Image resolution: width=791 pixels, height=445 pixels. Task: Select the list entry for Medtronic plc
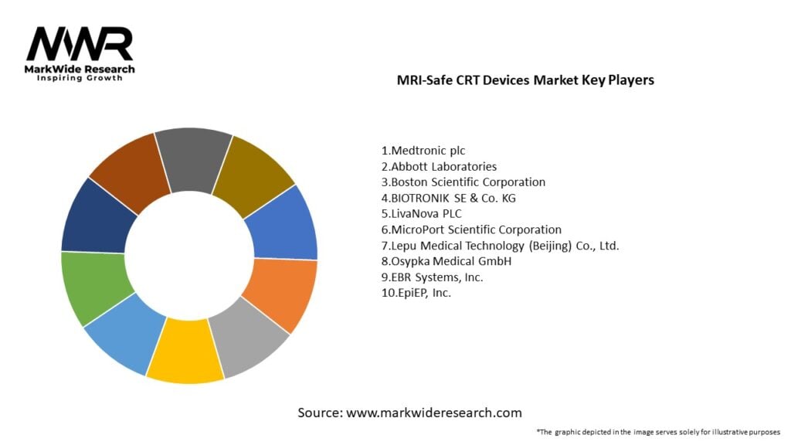coord(423,151)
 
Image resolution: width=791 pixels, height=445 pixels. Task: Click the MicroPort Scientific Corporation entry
coord(471,229)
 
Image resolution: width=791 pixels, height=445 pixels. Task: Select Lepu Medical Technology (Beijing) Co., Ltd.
coord(500,246)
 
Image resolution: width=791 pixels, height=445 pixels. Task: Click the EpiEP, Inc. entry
coord(416,293)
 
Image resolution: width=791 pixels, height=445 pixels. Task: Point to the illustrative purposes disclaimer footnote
coord(657,431)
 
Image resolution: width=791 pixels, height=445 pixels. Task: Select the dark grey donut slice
coord(193,158)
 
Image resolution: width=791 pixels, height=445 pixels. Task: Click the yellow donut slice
coord(184,352)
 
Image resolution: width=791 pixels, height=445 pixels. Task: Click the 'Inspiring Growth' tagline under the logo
coord(80,79)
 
